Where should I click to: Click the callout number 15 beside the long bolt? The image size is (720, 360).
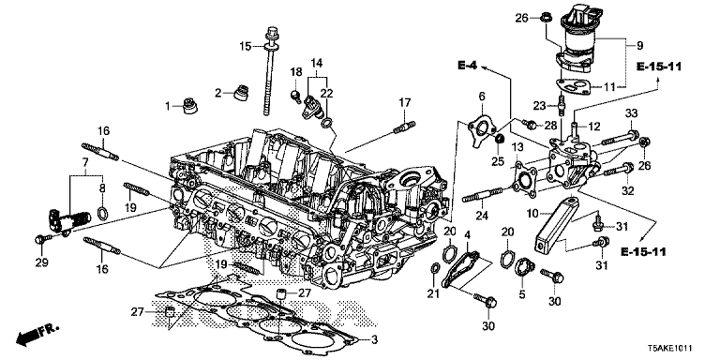point(246,47)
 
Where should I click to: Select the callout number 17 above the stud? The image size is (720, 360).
point(405,101)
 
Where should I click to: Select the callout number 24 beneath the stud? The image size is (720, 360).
point(481,215)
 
